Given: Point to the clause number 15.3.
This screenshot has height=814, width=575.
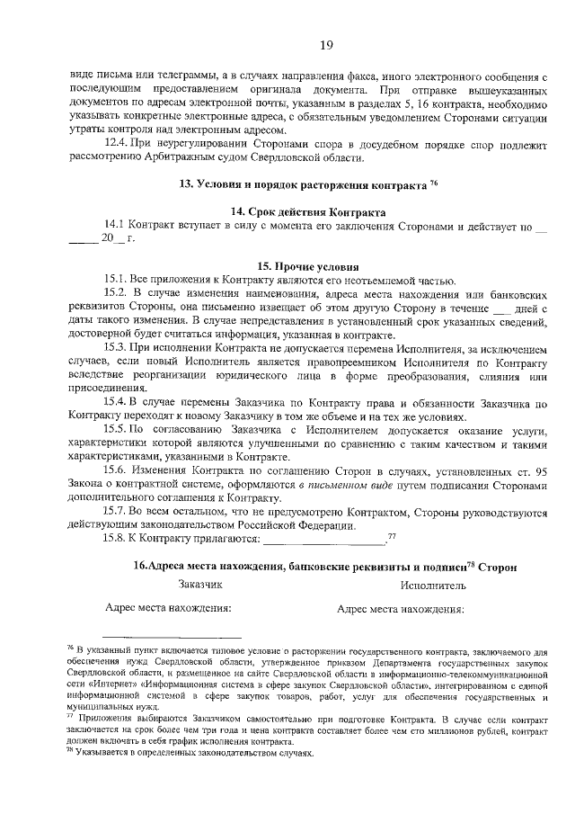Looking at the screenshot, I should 118,346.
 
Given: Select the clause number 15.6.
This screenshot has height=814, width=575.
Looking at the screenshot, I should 118,470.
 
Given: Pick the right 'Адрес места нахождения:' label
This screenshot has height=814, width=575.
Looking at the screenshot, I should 400,608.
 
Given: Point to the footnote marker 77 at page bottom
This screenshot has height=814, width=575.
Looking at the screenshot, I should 71,718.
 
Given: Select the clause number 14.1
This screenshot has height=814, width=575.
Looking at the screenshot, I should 115,224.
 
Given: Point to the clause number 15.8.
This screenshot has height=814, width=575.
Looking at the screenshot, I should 118,539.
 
